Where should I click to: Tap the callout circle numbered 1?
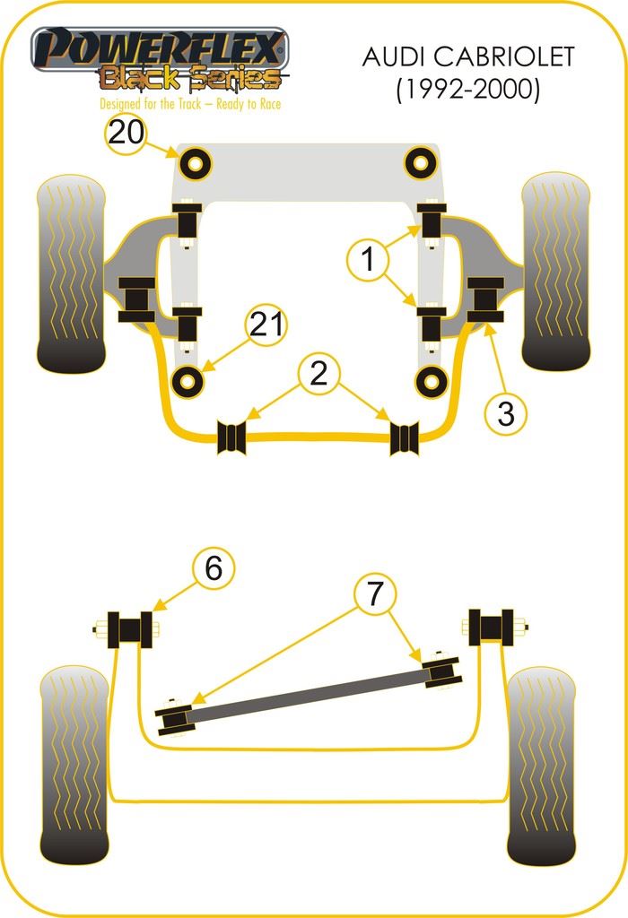[368, 260]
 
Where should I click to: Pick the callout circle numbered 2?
[318, 374]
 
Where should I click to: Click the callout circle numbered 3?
[506, 413]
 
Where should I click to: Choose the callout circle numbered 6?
[213, 567]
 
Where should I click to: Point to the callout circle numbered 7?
[374, 593]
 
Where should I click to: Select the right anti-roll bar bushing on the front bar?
[405, 437]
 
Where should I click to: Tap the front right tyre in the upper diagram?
[555, 271]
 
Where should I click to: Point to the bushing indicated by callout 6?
[129, 629]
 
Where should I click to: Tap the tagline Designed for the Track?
[190, 104]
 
